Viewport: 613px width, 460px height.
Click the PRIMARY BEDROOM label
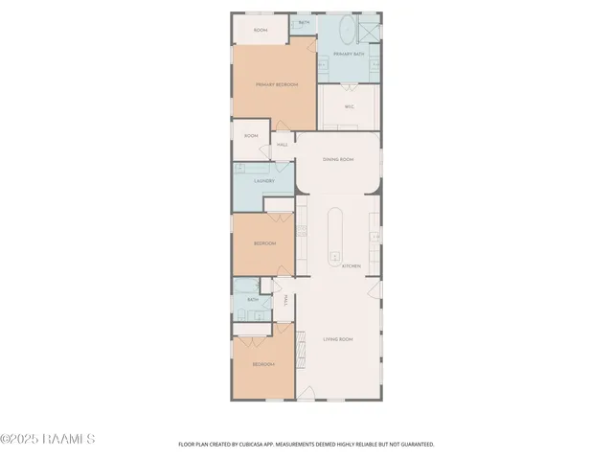277,85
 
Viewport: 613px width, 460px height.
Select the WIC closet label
350,106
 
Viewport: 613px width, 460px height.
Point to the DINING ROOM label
338,159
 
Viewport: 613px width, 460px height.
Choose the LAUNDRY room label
264,180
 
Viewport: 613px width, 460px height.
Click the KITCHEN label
351,266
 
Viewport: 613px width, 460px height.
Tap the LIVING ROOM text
338,339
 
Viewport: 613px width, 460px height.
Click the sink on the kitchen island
335,256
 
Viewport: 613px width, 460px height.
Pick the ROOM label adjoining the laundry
251,136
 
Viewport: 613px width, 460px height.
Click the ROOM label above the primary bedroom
260,31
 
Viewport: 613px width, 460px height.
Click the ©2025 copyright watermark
48,439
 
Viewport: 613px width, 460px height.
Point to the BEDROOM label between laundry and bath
264,243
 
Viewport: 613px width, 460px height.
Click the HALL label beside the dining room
283,146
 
